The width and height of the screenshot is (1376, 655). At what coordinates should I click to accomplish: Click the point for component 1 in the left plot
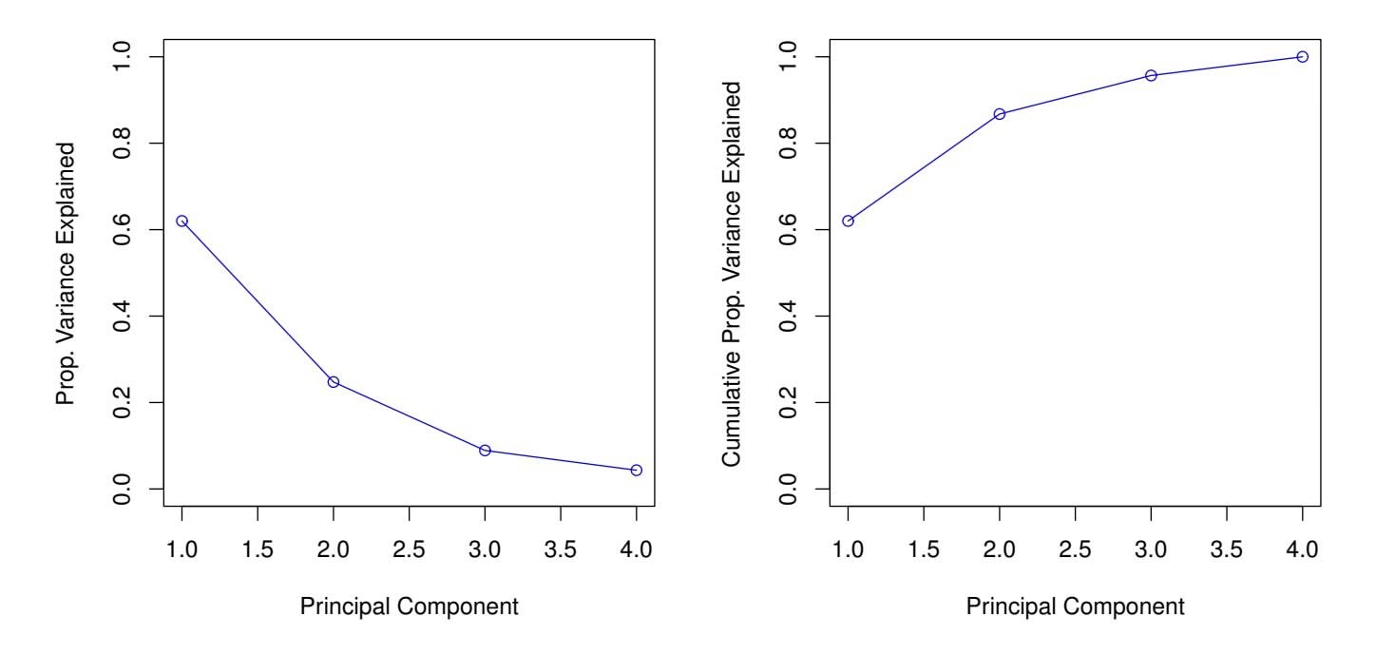[x=182, y=221]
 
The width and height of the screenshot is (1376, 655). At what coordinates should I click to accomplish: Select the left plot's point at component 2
[x=334, y=382]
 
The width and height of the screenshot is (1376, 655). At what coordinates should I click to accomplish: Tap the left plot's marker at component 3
[x=485, y=451]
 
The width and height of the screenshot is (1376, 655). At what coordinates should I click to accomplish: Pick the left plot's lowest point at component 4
[x=636, y=471]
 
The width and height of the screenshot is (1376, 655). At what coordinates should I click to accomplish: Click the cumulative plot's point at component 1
[x=848, y=221]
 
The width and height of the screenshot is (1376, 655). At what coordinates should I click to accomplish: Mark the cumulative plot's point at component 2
[x=1000, y=114]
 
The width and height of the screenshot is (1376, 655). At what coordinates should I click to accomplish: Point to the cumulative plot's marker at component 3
[x=1151, y=75]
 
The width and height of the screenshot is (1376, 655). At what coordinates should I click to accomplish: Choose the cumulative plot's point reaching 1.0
[x=1302, y=57]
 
